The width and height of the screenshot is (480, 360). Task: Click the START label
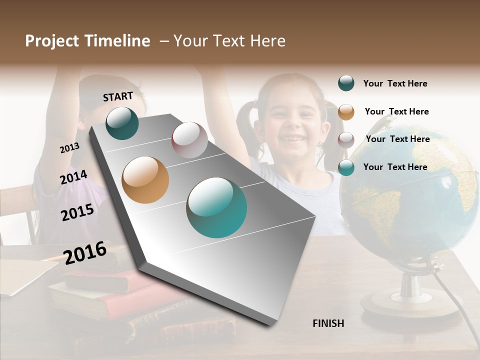tap(118, 96)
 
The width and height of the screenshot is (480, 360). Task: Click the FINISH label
tap(328, 323)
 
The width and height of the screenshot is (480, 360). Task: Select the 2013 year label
tap(69, 148)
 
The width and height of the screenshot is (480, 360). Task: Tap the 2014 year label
tap(73, 177)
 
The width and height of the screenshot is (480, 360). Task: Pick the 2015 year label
tap(77, 212)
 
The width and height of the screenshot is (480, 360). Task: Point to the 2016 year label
tap(85, 252)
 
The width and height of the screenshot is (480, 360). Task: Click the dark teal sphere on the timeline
tap(122, 123)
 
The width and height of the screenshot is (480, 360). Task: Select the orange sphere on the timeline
tap(145, 180)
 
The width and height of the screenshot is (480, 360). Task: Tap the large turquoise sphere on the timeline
tap(216, 207)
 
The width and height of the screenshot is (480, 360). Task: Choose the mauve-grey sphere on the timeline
tap(189, 140)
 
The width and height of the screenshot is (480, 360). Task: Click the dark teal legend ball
tap(346, 83)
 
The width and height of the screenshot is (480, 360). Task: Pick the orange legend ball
tap(346, 111)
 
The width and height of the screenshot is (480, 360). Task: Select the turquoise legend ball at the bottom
tap(346, 167)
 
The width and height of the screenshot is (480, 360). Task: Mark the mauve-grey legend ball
tap(346, 139)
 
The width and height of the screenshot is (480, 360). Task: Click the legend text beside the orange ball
tap(396, 111)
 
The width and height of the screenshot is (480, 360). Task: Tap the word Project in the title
tap(52, 41)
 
